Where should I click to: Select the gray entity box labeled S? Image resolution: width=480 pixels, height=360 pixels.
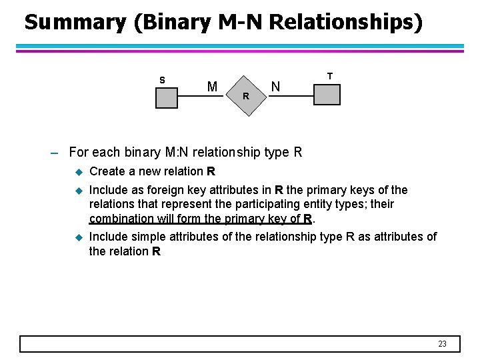[x=167, y=97]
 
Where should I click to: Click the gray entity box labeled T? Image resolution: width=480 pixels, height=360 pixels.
[x=327, y=94]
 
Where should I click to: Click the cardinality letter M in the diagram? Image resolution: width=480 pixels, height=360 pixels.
[x=212, y=87]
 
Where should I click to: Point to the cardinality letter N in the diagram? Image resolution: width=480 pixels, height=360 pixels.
[x=275, y=87]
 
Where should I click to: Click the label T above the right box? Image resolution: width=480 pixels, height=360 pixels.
[x=330, y=76]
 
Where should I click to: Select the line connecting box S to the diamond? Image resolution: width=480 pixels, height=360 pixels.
[x=201, y=96]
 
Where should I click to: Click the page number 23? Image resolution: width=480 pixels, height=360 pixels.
[x=442, y=344]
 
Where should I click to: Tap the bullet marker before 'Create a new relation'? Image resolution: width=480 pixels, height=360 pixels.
[x=77, y=172]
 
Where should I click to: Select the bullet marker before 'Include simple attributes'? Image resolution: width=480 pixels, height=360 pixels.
[x=77, y=237]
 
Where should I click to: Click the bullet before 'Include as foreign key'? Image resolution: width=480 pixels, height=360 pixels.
[x=77, y=190]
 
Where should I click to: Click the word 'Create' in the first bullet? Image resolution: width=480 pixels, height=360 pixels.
[x=107, y=171]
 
